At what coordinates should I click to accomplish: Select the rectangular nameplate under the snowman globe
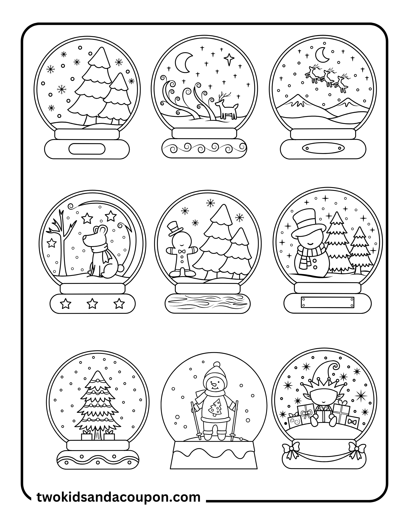pos(327,302)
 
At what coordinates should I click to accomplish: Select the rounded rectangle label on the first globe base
pos(87,148)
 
